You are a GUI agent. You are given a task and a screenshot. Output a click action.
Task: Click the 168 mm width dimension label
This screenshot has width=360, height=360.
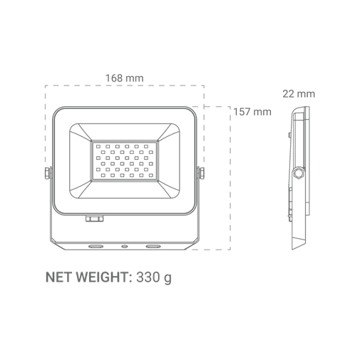pyautogui.click(x=124, y=78)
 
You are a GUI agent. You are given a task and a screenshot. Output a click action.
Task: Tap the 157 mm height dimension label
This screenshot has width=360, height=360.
pyautogui.click(x=252, y=112)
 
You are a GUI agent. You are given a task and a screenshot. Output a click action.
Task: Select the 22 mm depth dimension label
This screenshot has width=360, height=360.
pyautogui.click(x=299, y=94)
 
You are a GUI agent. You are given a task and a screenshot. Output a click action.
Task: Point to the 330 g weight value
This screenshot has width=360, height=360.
pyautogui.click(x=154, y=277)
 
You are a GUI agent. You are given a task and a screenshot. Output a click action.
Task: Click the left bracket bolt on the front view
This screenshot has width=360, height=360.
pyautogui.click(x=48, y=173)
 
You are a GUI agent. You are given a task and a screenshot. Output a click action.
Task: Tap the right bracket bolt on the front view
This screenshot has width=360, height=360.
pyautogui.click(x=200, y=173)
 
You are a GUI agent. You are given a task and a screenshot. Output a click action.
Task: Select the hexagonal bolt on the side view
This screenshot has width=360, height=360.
pyautogui.click(x=297, y=173)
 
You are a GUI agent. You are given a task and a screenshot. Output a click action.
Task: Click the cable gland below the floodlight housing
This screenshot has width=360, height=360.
pyautogui.click(x=95, y=218)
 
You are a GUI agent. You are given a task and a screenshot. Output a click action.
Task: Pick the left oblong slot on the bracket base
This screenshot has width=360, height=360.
pyautogui.click(x=96, y=247)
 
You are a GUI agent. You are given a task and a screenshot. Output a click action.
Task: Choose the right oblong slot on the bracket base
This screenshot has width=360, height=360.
pyautogui.click(x=153, y=247)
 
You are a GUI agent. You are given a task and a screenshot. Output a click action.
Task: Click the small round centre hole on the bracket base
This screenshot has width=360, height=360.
pyautogui.click(x=124, y=247)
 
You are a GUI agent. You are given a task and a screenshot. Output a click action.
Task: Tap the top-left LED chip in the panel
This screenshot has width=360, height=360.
pyautogui.click(x=98, y=146)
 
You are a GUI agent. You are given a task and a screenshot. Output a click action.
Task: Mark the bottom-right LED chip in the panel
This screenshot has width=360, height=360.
pyautogui.click(x=151, y=175)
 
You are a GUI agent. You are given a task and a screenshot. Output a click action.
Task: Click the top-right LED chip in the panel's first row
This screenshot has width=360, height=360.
pyautogui.click(x=146, y=146)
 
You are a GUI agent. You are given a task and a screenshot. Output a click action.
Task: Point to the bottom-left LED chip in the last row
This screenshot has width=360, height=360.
pyautogui.click(x=103, y=175)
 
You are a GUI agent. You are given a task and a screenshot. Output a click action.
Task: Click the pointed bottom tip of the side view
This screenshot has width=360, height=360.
pyautogui.click(x=292, y=250)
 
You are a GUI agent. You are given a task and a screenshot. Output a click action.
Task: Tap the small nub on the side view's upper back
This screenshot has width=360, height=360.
pyautogui.click(x=289, y=135)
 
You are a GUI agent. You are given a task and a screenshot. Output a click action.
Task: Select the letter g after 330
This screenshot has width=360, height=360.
pyautogui.click(x=168, y=279)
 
